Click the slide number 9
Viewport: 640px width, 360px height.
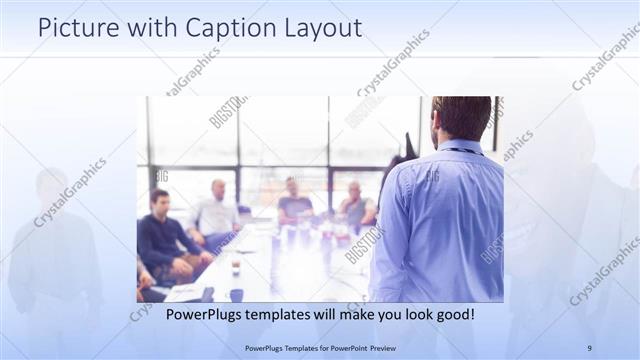pyautogui.click(x=589, y=348)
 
